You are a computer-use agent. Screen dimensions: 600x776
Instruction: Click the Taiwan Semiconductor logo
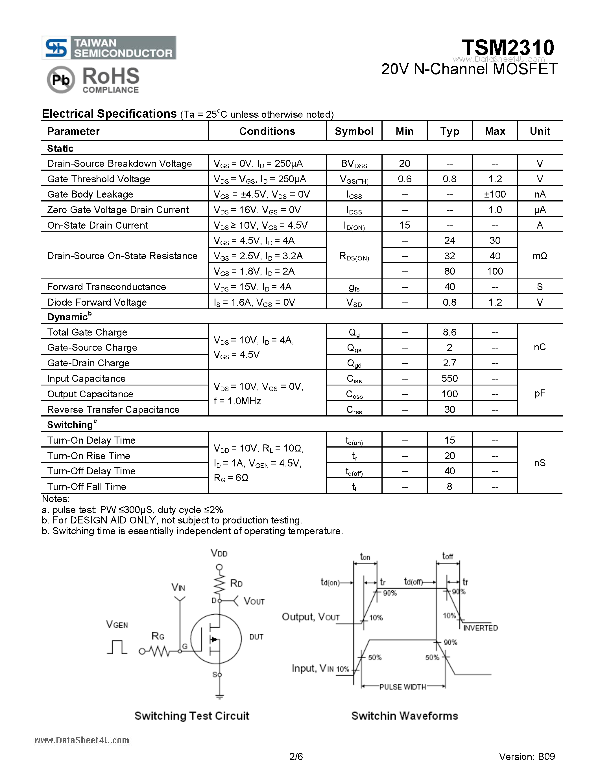point(109,48)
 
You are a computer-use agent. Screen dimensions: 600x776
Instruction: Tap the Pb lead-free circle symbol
point(61,80)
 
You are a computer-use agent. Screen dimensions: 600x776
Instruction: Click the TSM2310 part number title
point(508,48)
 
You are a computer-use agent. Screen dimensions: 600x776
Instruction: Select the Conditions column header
point(267,131)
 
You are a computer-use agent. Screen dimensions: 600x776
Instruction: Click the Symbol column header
point(354,131)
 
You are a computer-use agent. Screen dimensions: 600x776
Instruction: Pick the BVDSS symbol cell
point(354,164)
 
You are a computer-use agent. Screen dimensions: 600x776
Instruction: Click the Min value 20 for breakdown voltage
point(405,163)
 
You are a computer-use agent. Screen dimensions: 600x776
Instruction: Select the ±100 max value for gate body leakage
point(495,194)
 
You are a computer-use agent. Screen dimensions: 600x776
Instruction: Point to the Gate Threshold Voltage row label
point(99,179)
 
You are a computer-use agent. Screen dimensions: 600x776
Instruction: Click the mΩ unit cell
point(540,256)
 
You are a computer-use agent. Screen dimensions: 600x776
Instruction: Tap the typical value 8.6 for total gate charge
point(450,332)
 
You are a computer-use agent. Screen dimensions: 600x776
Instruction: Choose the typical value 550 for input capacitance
point(450,378)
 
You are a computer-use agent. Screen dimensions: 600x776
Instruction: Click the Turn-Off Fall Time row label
point(87,486)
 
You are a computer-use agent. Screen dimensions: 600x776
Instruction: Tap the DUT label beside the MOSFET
point(256,637)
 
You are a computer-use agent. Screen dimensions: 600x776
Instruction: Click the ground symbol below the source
point(219,696)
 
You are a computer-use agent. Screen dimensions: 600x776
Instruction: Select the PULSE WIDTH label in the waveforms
point(402,687)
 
